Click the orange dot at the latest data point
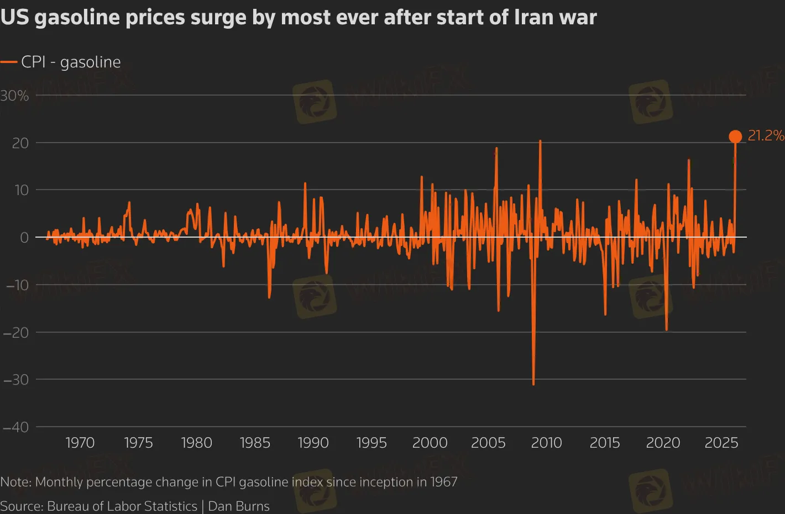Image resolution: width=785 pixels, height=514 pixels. click(x=735, y=137)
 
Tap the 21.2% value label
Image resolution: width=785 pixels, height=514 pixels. click(x=766, y=135)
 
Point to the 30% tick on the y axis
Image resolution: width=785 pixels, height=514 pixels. click(x=15, y=96)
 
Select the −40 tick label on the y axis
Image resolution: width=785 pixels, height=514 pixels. click(x=15, y=427)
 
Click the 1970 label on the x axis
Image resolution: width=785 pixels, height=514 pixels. click(x=80, y=443)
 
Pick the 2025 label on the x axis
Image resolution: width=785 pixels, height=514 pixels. click(x=721, y=443)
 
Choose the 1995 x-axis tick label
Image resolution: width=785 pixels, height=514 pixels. click(x=371, y=443)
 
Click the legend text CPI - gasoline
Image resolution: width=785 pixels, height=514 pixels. click(x=71, y=62)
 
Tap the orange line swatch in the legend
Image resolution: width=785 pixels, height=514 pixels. click(x=9, y=62)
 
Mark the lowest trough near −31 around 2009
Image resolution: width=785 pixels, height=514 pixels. click(x=533, y=384)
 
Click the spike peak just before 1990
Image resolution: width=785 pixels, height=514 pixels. click(x=305, y=183)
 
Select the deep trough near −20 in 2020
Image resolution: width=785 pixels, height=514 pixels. click(x=666, y=330)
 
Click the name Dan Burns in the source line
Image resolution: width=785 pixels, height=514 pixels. click(x=239, y=506)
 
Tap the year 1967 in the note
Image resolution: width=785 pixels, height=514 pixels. click(x=443, y=482)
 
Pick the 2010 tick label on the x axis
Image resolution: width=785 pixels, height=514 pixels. click(x=546, y=443)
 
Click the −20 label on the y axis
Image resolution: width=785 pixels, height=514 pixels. click(x=15, y=332)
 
